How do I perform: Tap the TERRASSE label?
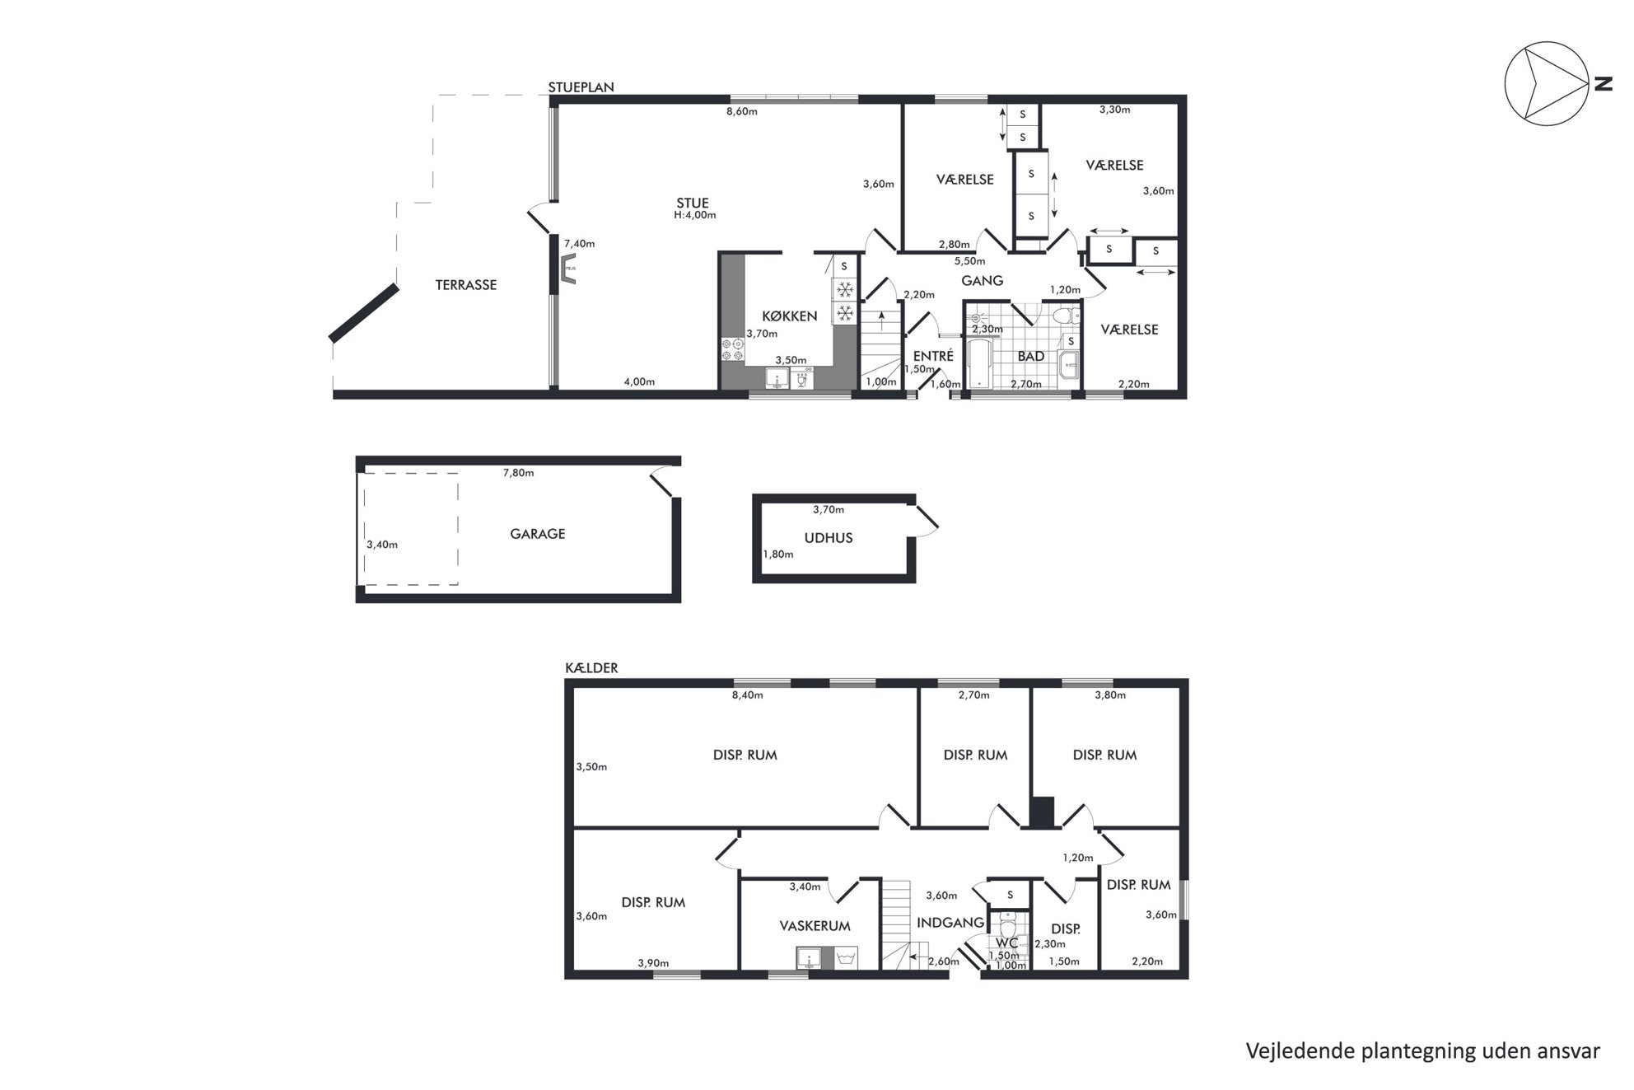[466, 285]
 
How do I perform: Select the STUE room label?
[693, 203]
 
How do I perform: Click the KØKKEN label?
[789, 316]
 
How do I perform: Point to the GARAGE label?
[538, 534]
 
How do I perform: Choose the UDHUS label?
[829, 538]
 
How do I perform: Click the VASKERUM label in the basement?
[815, 926]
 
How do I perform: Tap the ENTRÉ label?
[933, 356]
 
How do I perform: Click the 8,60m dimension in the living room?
[741, 111]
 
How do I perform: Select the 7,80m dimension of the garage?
[518, 473]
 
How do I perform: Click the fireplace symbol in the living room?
[568, 269]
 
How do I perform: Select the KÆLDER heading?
[591, 668]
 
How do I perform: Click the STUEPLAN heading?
[581, 87]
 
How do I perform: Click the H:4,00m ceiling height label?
[694, 216]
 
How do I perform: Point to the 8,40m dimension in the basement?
[747, 695]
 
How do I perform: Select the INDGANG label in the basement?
[950, 923]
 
